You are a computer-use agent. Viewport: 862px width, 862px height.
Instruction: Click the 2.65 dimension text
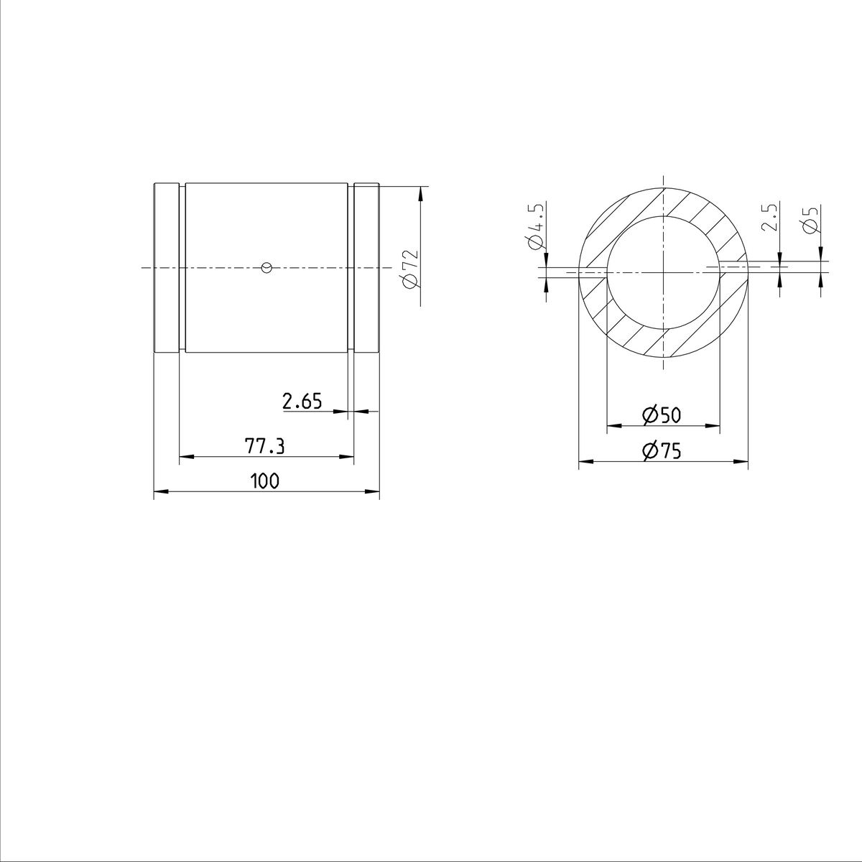click(302, 402)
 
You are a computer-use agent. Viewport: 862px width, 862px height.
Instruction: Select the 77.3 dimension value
click(265, 447)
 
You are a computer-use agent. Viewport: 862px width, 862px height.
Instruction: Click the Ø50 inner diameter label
click(662, 415)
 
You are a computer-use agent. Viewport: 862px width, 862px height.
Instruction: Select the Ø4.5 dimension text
click(535, 226)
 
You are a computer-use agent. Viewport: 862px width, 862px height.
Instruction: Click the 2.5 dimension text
click(770, 217)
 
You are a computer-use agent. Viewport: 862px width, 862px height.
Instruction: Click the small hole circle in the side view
click(267, 268)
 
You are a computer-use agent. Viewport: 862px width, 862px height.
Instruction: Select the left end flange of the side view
click(166, 268)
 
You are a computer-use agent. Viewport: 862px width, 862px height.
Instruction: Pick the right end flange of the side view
click(366, 268)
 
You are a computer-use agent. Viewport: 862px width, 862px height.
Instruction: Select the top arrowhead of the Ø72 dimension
click(420, 192)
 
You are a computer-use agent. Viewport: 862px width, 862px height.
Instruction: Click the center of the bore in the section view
click(663, 272)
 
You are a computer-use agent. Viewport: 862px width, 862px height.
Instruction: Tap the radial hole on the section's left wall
click(593, 272)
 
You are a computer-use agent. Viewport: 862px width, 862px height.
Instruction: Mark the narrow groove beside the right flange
click(351, 268)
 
